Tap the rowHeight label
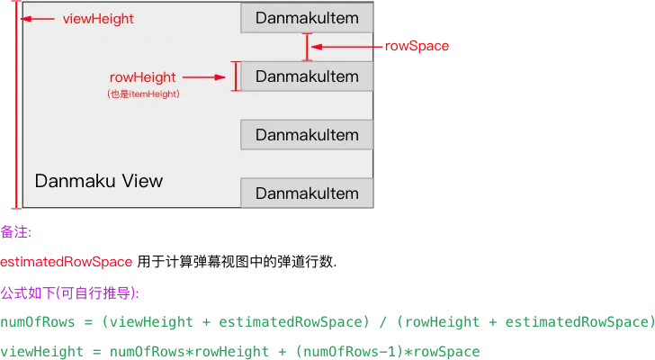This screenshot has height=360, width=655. pyautogui.click(x=142, y=77)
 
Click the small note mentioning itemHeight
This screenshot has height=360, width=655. pyautogui.click(x=142, y=94)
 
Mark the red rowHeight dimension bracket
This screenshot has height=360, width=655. pyautogui.click(x=236, y=76)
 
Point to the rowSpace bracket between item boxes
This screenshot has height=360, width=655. pyautogui.click(x=307, y=47)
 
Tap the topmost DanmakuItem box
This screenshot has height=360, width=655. pyautogui.click(x=307, y=18)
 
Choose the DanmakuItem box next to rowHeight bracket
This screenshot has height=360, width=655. pyautogui.click(x=307, y=76)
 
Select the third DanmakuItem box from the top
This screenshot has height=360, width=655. pyautogui.click(x=307, y=135)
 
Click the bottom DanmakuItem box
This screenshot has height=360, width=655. pyautogui.click(x=307, y=193)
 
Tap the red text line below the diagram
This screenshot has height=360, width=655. pyautogui.click(x=67, y=262)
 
